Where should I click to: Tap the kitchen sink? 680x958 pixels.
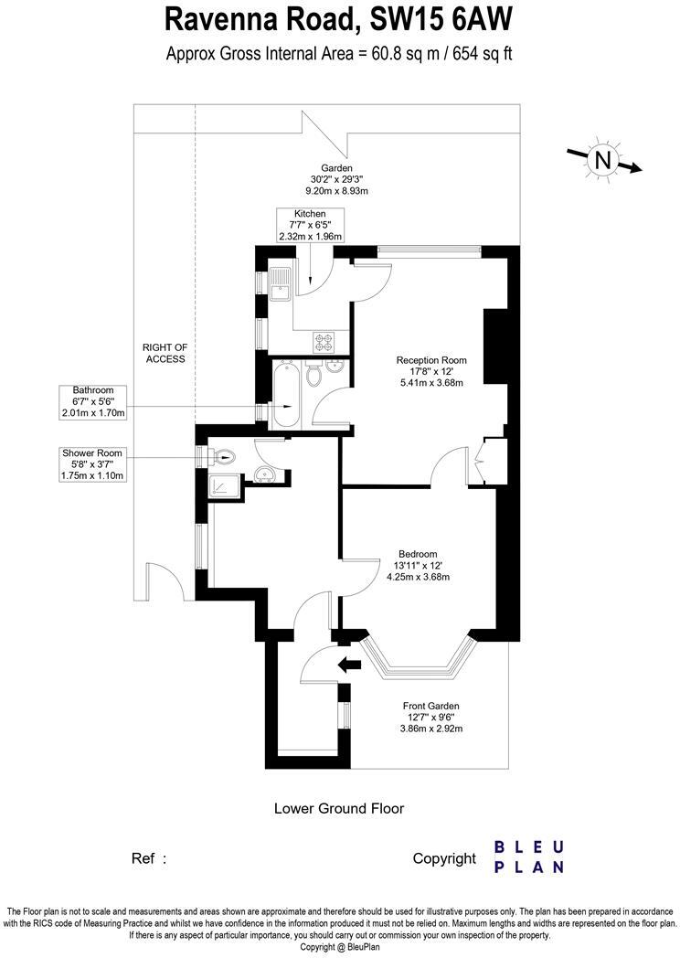[282, 284]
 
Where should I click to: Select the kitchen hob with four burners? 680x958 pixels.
[325, 341]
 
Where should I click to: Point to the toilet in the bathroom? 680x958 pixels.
[313, 375]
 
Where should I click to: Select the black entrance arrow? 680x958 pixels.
[349, 665]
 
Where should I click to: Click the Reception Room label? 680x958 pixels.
[431, 360]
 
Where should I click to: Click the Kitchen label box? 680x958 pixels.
[310, 225]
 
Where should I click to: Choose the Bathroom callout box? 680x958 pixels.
[93, 401]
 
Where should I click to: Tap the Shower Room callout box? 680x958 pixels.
[93, 464]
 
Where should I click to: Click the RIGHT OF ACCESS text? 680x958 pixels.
[165, 353]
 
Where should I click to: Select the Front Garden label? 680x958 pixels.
[431, 706]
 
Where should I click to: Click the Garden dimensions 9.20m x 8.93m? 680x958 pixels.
[336, 191]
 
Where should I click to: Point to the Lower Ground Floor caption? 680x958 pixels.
[339, 808]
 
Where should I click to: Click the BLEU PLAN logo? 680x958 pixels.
[529, 857]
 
